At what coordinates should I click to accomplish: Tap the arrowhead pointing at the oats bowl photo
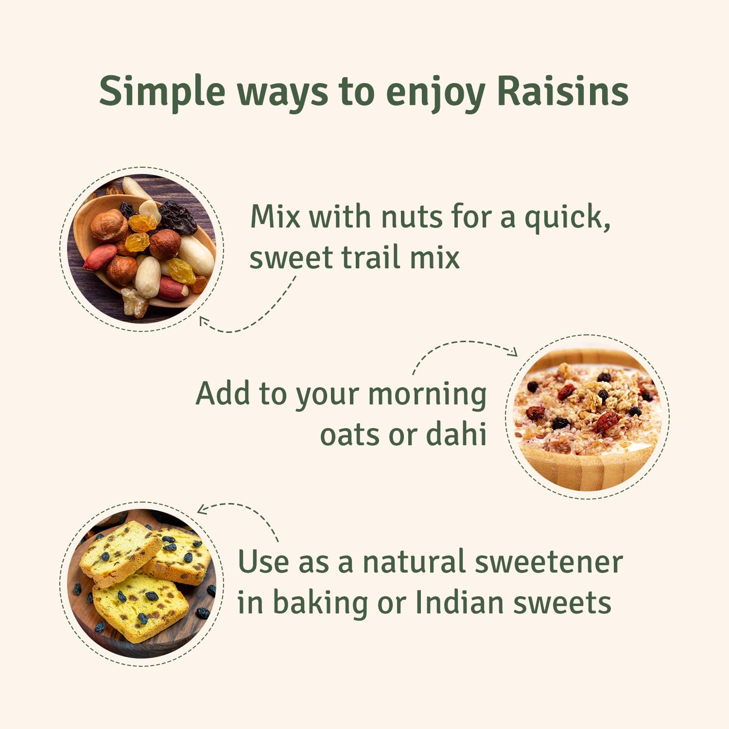[513, 351]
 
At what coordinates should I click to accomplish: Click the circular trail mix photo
[141, 249]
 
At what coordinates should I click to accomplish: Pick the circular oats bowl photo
[587, 417]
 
